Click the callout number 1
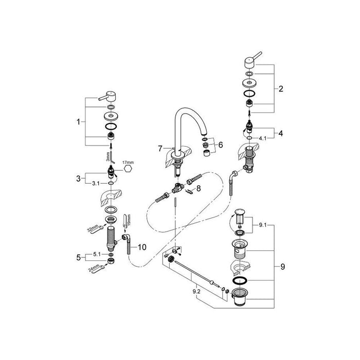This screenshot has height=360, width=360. [x=79, y=122]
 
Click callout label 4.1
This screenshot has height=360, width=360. [x=263, y=138]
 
